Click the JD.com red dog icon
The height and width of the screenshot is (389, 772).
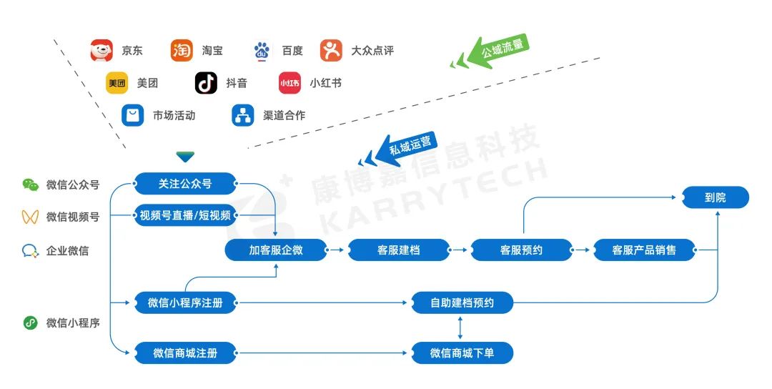102,51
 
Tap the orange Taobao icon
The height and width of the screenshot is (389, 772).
182,51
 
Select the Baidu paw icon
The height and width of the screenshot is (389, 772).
262,51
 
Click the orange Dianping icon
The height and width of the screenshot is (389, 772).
331,51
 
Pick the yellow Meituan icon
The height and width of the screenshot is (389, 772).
117,83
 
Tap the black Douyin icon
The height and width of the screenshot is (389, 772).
206,83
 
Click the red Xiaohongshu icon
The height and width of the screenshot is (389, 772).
289,83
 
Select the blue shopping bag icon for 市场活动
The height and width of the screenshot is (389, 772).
133,115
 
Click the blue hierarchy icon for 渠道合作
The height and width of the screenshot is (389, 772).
243,115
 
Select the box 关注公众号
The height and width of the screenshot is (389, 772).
185,183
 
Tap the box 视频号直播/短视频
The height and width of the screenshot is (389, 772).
185,216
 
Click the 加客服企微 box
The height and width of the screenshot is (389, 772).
276,250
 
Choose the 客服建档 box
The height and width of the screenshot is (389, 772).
399,250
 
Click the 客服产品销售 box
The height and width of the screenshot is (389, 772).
644,250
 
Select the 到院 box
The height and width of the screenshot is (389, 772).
716,197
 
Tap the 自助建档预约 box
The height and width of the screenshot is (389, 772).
462,302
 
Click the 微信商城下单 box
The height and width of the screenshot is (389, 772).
462,353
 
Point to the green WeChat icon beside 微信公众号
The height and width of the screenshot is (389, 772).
30,184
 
